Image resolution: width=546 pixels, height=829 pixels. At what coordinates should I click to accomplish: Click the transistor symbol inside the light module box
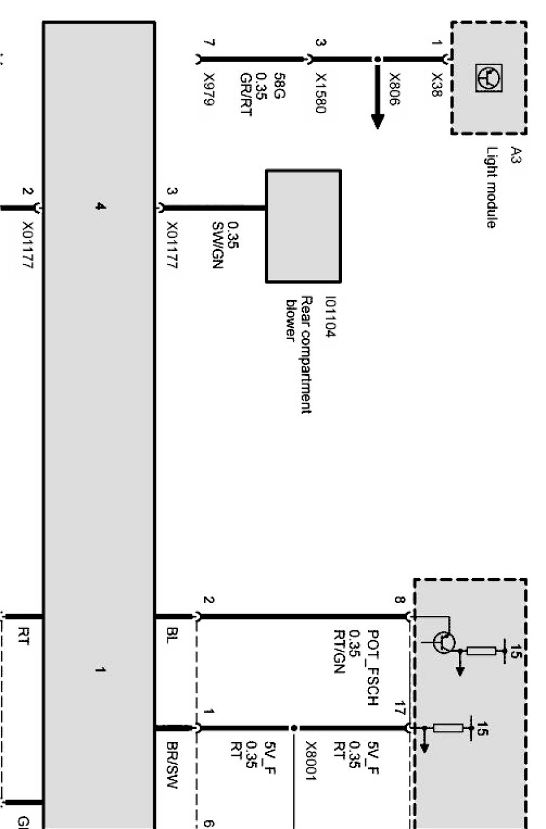pos(488,78)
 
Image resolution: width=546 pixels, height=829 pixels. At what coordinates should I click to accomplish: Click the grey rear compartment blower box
pos(303,225)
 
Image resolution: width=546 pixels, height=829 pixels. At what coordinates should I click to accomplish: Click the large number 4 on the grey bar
pos(100,207)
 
